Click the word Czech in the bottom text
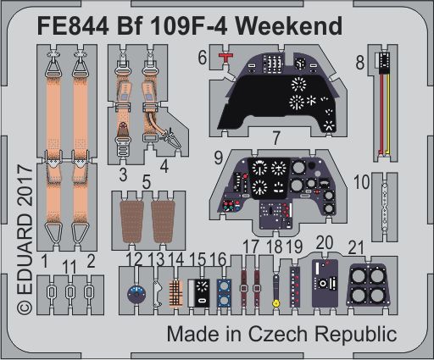click(x=290, y=333)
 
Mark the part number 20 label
click(x=323, y=243)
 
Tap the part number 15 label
click(x=199, y=258)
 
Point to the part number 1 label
click(x=45, y=258)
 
